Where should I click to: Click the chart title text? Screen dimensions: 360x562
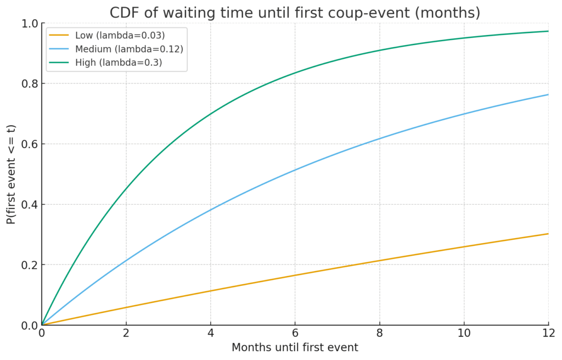click(x=295, y=13)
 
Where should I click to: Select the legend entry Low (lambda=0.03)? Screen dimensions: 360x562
click(x=120, y=36)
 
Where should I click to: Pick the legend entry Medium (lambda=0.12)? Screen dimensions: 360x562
click(x=128, y=49)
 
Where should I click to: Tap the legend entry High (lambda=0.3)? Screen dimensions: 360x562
click(x=118, y=63)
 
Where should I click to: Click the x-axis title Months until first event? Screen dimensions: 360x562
click(x=295, y=347)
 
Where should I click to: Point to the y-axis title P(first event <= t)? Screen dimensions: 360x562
click(x=12, y=174)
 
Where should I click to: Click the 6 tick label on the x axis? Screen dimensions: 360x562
click(x=295, y=333)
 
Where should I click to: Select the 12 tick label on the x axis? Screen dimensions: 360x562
click(x=548, y=333)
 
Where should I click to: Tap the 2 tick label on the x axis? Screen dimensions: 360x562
click(x=126, y=333)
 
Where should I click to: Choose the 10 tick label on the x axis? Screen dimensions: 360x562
click(x=464, y=333)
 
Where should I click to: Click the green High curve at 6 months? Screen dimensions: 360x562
click(x=295, y=73)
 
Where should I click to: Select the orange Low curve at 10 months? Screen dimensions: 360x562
click(x=464, y=247)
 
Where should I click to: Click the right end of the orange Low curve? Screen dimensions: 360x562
click(x=548, y=234)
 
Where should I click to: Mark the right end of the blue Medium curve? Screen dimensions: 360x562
click(x=548, y=95)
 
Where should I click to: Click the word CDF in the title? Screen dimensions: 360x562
click(x=124, y=13)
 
